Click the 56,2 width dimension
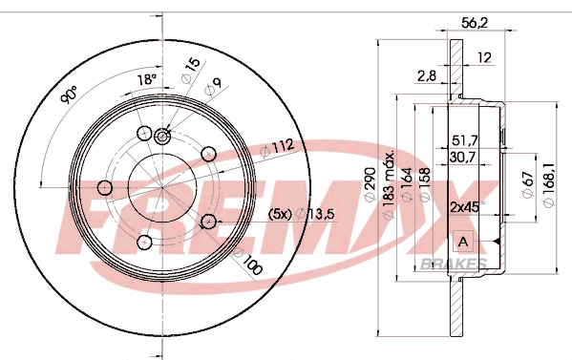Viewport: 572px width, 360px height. [475, 23]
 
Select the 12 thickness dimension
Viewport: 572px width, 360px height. [484, 57]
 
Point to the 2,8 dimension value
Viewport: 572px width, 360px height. [427, 75]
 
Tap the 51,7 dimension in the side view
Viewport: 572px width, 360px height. [465, 140]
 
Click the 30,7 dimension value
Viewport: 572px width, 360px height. [462, 158]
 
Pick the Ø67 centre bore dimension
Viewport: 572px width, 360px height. [528, 184]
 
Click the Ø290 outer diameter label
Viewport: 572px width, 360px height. [370, 183]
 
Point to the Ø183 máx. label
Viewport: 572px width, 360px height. [389, 184]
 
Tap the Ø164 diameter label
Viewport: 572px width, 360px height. [407, 184]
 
